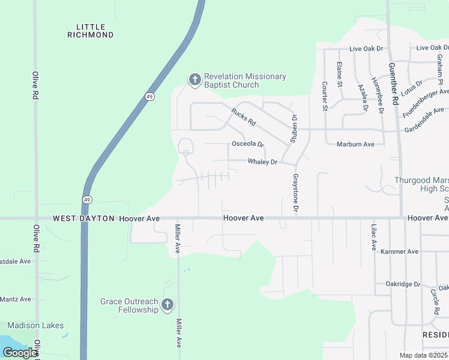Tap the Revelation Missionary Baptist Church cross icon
(x=194, y=80)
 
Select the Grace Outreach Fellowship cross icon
(x=167, y=305)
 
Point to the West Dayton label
(x=83, y=219)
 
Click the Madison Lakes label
(x=35, y=325)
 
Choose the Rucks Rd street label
(x=244, y=116)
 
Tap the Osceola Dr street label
(x=248, y=144)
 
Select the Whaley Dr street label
(x=263, y=162)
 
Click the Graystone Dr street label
(x=295, y=194)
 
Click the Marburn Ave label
(x=355, y=144)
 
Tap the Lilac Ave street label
(x=373, y=238)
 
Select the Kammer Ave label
(x=399, y=251)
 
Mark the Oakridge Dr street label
(x=403, y=284)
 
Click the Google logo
(x=20, y=353)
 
